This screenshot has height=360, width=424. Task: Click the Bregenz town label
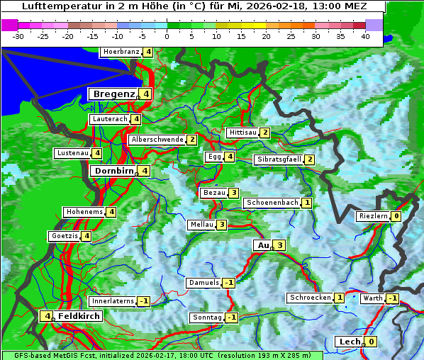point(113,94)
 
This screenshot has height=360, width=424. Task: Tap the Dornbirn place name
point(113,171)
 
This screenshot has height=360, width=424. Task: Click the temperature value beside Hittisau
point(265,133)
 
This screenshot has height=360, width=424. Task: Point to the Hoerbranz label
point(121,52)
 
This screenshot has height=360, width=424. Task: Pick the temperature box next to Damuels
point(228,283)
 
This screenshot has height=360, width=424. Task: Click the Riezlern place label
point(374,216)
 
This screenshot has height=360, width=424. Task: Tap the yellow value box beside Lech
point(370,342)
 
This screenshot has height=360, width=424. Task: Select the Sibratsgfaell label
point(279,159)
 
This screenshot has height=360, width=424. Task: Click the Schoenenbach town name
point(272,203)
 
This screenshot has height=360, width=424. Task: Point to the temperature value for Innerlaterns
point(143,301)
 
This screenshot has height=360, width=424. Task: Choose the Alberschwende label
point(157,140)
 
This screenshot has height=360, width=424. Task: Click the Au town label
point(262,245)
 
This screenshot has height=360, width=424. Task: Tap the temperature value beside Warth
point(392,298)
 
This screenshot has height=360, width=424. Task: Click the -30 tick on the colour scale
point(19,35)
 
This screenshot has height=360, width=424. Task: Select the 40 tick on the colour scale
point(365,35)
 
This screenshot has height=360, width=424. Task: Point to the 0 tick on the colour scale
point(167,35)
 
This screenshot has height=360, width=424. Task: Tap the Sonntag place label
point(207,317)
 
